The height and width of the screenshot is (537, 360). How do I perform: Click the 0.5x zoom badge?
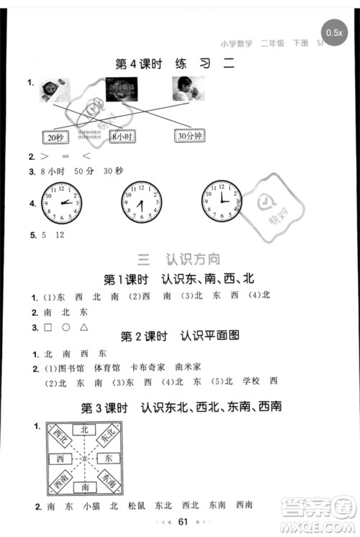334,32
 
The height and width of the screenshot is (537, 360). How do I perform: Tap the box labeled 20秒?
55,137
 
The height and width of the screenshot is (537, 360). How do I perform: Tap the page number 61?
183,521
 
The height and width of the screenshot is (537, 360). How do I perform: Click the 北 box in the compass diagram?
85,429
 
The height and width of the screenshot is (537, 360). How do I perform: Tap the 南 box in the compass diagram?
85,487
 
